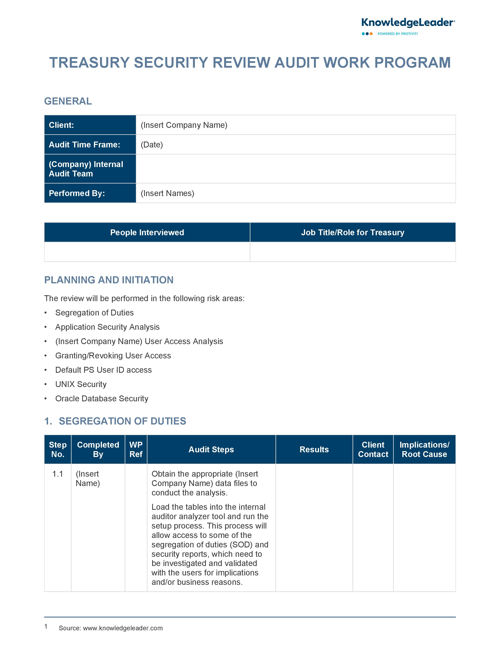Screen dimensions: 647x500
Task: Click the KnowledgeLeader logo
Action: coord(408,23)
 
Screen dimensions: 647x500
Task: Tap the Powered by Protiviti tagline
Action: coord(397,34)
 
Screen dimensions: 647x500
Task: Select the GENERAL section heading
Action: coord(68,101)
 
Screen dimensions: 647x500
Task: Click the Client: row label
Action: coord(61,125)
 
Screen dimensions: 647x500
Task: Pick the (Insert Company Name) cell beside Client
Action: coord(184,125)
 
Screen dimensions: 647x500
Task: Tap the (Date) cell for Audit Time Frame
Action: coord(152,144)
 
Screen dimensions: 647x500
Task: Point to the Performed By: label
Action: coord(77,193)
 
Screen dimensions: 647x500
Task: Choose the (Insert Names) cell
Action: coord(167,193)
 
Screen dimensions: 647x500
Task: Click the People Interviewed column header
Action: coord(147,233)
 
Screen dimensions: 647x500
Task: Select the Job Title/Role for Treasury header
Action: coord(353,233)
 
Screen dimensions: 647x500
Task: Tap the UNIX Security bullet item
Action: coord(81,384)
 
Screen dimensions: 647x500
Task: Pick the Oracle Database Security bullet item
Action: coord(102,398)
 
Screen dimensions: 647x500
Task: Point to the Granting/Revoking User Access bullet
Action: coord(113,355)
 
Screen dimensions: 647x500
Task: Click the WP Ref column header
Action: coord(136,449)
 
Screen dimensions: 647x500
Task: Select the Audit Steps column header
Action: coord(211,449)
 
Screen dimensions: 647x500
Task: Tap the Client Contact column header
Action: coord(373,449)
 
